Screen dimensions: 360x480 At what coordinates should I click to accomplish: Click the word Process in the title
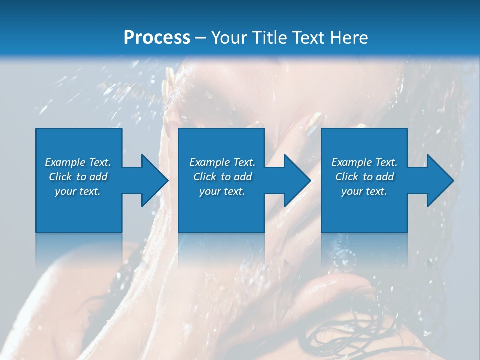pyautogui.click(x=157, y=38)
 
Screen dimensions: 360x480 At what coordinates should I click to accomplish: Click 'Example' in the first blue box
pyautogui.click(x=65, y=162)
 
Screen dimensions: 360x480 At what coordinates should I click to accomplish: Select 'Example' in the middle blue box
pyautogui.click(x=209, y=162)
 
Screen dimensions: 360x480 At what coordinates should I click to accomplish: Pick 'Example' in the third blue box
pyautogui.click(x=351, y=162)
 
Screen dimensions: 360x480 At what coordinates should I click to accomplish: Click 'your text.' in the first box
pyautogui.click(x=78, y=191)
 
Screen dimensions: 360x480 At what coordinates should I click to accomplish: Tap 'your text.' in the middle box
pyautogui.click(x=222, y=191)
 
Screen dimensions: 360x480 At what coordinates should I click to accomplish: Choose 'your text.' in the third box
pyautogui.click(x=364, y=191)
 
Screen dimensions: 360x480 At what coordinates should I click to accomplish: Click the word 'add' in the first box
pyautogui.click(x=99, y=177)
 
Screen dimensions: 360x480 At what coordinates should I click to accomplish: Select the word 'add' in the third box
pyautogui.click(x=385, y=177)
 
